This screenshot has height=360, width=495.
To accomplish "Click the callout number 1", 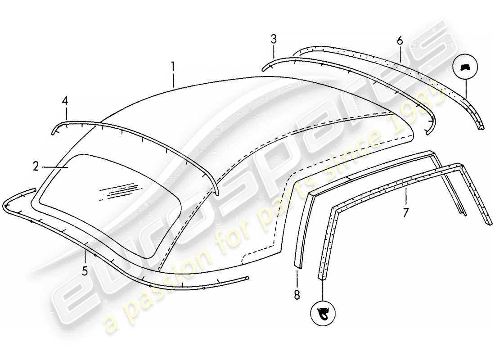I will click(172, 67).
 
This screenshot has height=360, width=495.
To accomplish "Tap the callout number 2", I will click(36, 167).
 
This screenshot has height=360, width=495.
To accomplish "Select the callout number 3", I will click(274, 40).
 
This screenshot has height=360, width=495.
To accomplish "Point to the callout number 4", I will click(65, 102).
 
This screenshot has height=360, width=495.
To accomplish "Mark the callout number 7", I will click(406, 211).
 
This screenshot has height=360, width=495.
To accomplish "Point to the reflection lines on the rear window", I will click(119, 189).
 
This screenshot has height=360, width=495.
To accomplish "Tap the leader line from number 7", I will click(406, 197).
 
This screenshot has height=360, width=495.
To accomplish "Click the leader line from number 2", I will click(54, 167).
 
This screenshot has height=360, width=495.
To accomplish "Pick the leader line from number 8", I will click(297, 277).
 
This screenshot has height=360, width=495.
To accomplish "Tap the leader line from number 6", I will click(400, 53).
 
